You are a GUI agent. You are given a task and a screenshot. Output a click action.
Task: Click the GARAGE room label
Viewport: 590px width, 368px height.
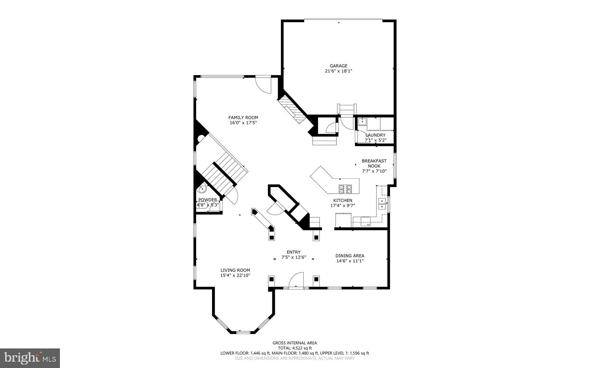point(339,66)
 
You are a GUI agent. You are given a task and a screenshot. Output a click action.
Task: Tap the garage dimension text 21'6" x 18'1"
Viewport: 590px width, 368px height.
point(339,71)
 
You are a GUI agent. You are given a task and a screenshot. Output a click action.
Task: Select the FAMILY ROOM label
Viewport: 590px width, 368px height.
point(243,117)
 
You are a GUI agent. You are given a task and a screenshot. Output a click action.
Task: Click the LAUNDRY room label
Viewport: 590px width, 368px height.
point(375,135)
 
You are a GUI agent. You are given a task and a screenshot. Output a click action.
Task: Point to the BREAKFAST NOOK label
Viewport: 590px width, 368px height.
point(374,163)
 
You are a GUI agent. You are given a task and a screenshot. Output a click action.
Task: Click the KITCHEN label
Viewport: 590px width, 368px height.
point(343,200)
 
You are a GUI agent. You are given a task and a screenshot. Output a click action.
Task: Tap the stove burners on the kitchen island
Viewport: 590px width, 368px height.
point(345,189)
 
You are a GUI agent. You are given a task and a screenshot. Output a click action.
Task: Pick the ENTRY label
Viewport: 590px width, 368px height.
point(294,252)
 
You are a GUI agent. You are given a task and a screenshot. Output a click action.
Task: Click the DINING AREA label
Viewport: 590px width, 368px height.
point(350,255)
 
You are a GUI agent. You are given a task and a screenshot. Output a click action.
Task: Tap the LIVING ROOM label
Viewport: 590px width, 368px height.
point(235,270)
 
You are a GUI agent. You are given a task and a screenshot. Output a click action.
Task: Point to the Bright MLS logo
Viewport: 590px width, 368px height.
point(30,358)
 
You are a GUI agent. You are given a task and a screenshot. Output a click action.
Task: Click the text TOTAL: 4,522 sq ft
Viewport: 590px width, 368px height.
point(295,348)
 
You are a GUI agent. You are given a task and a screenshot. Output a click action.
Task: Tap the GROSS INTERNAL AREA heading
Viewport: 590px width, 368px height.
point(295,343)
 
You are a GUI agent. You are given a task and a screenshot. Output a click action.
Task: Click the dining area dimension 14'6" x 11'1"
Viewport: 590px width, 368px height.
point(350,261)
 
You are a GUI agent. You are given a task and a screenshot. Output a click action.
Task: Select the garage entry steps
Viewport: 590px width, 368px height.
point(347,109)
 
